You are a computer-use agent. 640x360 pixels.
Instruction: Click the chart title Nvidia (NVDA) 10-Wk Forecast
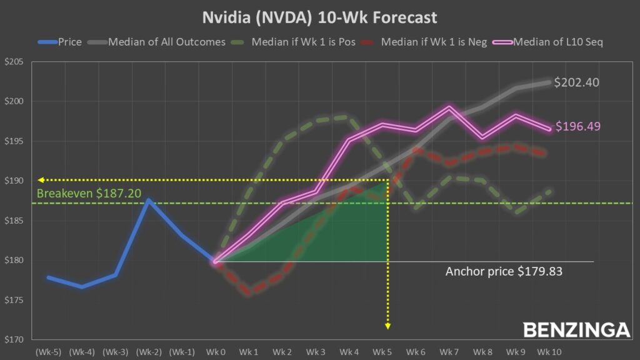click(x=319, y=17)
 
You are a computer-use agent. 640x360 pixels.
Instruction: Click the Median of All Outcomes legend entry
click(x=159, y=42)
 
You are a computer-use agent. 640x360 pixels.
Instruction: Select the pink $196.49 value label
click(x=578, y=127)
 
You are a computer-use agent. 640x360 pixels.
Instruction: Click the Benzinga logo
click(x=576, y=329)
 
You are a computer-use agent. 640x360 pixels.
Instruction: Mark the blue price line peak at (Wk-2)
click(x=148, y=200)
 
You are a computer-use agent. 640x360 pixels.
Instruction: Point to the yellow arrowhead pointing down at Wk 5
click(x=388, y=326)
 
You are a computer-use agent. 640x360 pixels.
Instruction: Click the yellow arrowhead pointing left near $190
click(x=40, y=180)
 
